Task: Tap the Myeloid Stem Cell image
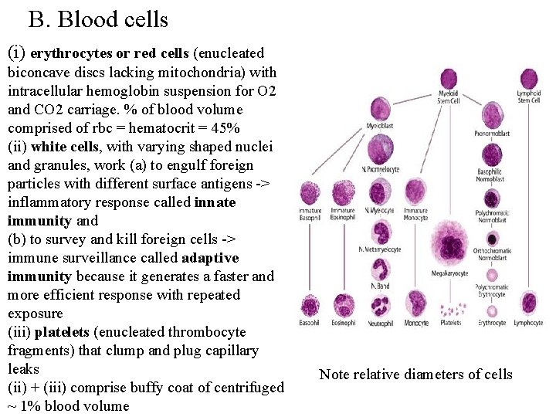449,79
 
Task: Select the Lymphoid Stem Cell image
529,79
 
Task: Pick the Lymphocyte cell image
529,303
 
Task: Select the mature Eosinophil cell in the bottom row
343,305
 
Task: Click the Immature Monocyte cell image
415,193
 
